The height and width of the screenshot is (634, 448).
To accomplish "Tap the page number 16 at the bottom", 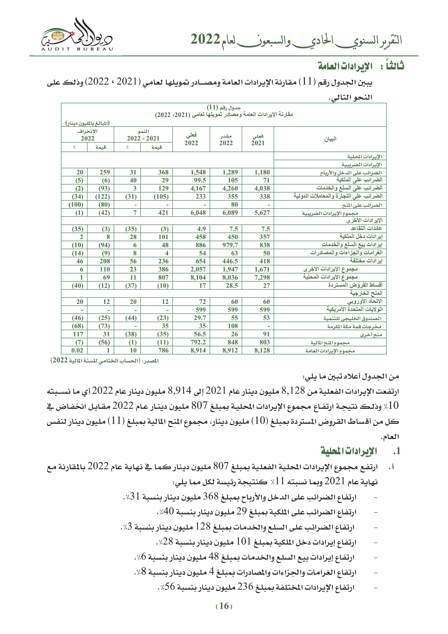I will (x=224, y=606).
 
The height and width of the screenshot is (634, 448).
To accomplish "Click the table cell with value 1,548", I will (x=198, y=172).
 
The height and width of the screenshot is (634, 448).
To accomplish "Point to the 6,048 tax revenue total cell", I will (x=198, y=213).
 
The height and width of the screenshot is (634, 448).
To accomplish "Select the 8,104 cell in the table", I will (x=198, y=277).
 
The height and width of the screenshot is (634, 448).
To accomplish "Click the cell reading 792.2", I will (x=198, y=342).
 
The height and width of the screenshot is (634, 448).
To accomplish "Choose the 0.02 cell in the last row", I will (x=77, y=350).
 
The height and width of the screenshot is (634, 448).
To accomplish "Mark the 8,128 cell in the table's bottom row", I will (x=262, y=350).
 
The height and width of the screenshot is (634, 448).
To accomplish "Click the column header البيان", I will (x=330, y=139).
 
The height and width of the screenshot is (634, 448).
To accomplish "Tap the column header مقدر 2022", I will (x=226, y=139).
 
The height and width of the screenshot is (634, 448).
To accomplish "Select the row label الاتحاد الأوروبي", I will (x=365, y=301).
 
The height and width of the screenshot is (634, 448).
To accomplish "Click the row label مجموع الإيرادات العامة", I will (x=330, y=351).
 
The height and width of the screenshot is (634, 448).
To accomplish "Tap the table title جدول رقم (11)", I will (x=224, y=107).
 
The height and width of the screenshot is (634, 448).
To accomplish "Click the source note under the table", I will (x=105, y=361).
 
